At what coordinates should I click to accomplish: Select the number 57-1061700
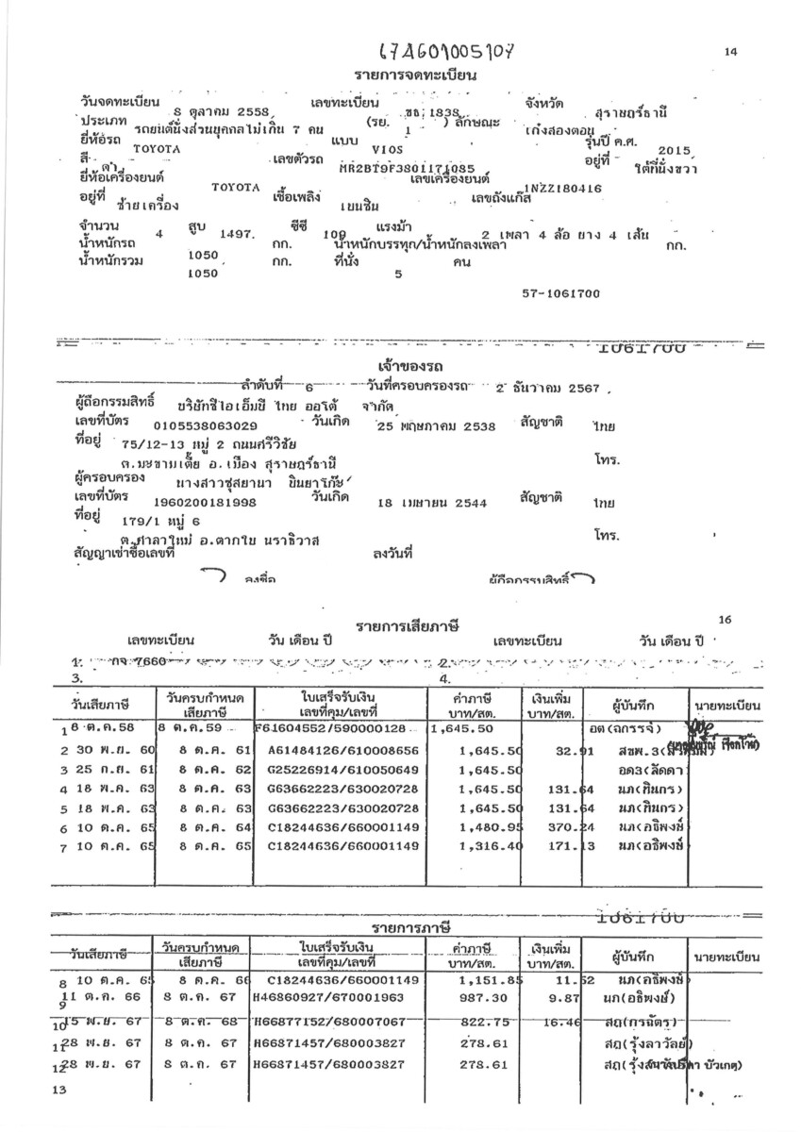[x=560, y=293]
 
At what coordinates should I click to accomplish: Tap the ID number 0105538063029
[x=204, y=425]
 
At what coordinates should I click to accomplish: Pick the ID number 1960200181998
[x=205, y=503]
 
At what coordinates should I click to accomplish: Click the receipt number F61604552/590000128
[x=330, y=729]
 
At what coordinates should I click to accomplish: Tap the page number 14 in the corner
[x=730, y=53]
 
